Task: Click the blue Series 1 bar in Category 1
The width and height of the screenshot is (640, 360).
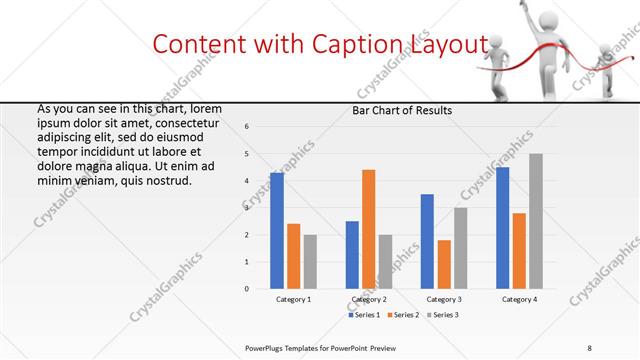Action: [x=277, y=230]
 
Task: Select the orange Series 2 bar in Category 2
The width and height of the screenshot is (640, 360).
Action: [x=368, y=229]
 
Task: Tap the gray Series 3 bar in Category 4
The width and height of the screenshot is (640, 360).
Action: [x=536, y=221]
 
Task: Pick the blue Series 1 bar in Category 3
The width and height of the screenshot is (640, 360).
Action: [x=427, y=241]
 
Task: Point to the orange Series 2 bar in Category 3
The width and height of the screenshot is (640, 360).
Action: [x=444, y=264]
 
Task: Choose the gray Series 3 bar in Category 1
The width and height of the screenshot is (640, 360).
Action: [x=310, y=261]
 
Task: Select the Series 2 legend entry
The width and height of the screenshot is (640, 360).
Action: [x=402, y=315]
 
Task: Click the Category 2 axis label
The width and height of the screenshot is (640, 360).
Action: [x=369, y=299]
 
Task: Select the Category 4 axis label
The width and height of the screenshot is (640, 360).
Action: [x=519, y=299]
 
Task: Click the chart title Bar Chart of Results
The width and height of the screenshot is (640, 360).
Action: [x=402, y=110]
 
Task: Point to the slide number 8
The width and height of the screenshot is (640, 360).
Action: [x=590, y=347]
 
